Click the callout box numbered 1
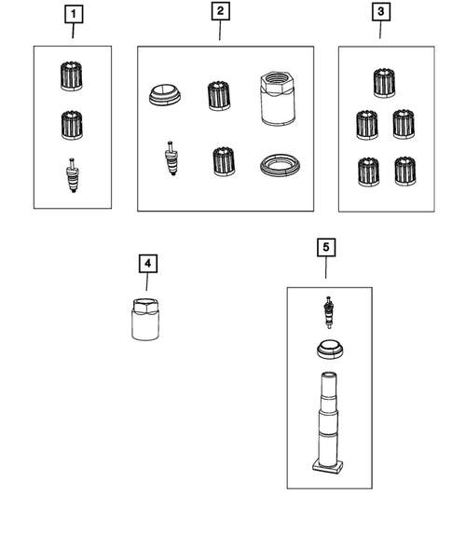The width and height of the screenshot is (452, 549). tap(74, 14)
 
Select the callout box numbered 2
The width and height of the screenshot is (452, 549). tap(221, 11)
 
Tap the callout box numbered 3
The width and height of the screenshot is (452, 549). tap(380, 12)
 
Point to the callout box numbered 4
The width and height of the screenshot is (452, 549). tap(148, 264)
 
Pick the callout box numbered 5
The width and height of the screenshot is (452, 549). tap(326, 248)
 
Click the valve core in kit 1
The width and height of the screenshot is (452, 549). tap(72, 175)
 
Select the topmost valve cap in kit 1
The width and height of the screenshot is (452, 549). tap(72, 76)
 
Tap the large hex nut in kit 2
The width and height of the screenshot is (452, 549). tap(278, 98)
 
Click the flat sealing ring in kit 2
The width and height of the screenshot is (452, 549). tap(281, 164)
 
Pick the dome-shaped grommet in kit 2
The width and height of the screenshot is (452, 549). tap(165, 95)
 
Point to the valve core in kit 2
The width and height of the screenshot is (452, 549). tap(171, 158)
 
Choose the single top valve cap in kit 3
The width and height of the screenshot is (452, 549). tap(384, 83)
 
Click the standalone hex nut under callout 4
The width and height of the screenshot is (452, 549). tap(145, 320)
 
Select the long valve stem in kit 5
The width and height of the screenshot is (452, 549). tap(328, 423)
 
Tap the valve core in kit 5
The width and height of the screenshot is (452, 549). tap(328, 312)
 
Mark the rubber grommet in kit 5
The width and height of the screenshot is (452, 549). tap(330, 350)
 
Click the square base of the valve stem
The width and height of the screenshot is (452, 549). tap(327, 467)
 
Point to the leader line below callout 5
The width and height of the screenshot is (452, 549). tap(326, 268)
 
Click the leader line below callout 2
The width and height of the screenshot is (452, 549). tap(220, 30)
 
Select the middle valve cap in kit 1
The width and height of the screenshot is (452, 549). tap(72, 125)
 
